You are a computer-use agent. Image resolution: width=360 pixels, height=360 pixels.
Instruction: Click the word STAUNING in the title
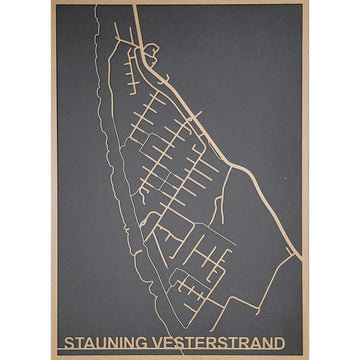106,343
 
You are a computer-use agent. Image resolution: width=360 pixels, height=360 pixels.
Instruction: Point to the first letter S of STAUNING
68,343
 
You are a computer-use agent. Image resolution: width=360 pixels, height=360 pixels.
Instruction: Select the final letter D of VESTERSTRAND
278,343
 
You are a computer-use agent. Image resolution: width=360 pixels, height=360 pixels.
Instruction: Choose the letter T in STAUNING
78,343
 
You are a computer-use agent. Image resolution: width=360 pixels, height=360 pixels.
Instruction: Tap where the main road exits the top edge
132,6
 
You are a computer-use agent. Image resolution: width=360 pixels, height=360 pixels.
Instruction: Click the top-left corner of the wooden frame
53,3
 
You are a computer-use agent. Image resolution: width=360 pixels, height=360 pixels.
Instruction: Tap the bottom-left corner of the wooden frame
53,357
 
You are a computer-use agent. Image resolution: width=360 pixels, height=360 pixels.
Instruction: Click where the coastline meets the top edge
97,6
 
